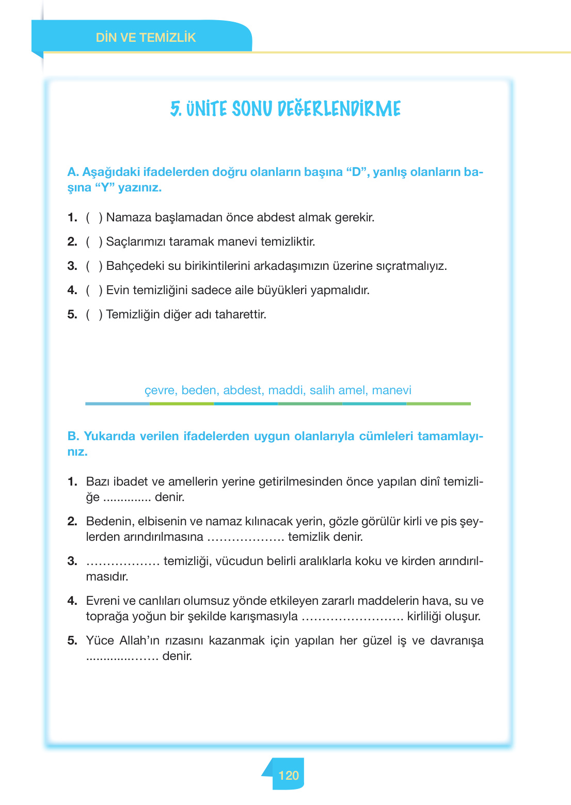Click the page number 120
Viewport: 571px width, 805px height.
point(288,775)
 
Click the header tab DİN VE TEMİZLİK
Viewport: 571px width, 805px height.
point(146,38)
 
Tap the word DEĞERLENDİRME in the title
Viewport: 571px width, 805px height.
point(339,109)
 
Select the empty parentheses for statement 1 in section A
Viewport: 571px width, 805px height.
point(94,218)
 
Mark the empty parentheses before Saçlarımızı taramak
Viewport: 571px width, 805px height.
point(94,242)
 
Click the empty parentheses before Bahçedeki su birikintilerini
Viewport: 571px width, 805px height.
point(94,266)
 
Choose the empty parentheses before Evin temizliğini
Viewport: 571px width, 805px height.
point(94,291)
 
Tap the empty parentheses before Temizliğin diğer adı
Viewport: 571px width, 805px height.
point(94,315)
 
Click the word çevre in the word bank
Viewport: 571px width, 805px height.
point(160,390)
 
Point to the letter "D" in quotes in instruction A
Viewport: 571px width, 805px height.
point(356,172)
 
